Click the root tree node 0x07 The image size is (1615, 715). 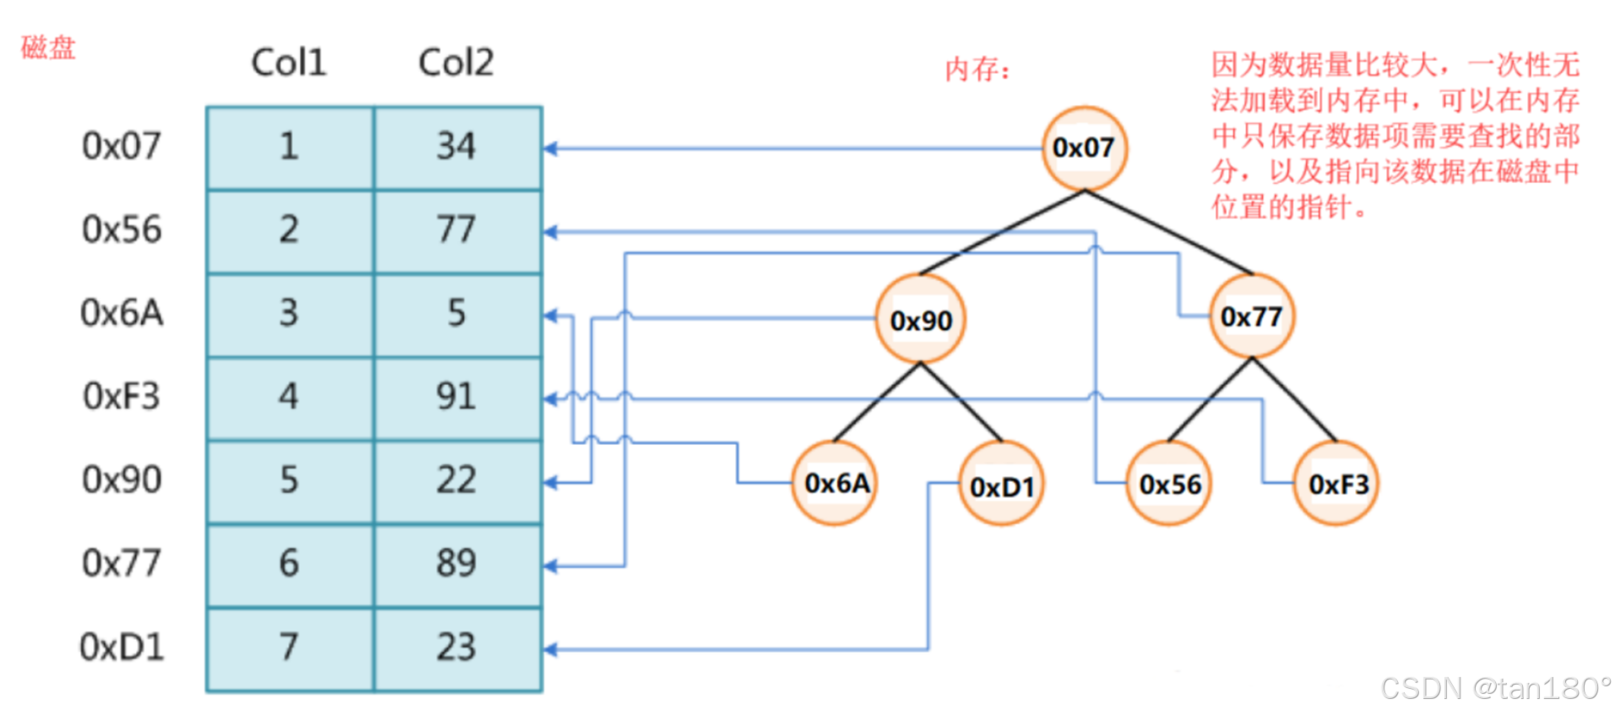click(1084, 148)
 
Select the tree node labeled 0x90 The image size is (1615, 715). click(920, 319)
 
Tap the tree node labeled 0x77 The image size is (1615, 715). click(1251, 317)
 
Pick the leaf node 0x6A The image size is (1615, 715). click(835, 483)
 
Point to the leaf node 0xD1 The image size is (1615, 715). click(1001, 485)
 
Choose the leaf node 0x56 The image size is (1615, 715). click(1169, 484)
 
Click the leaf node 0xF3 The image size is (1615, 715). click(1336, 484)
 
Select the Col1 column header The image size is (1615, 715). click(288, 62)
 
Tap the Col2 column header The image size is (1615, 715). click(455, 62)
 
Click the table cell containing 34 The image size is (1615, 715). click(456, 147)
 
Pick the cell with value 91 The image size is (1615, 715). click(456, 397)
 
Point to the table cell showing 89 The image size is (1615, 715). click(456, 564)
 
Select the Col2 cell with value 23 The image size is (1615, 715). click(456, 647)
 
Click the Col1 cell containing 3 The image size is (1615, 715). click(289, 314)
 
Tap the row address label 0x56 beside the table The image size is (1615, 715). click(122, 230)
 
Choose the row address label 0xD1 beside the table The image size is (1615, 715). click(122, 647)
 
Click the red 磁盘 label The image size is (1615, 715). click(48, 47)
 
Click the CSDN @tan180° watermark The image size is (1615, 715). click(1495, 688)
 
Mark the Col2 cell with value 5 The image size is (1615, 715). click(456, 314)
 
